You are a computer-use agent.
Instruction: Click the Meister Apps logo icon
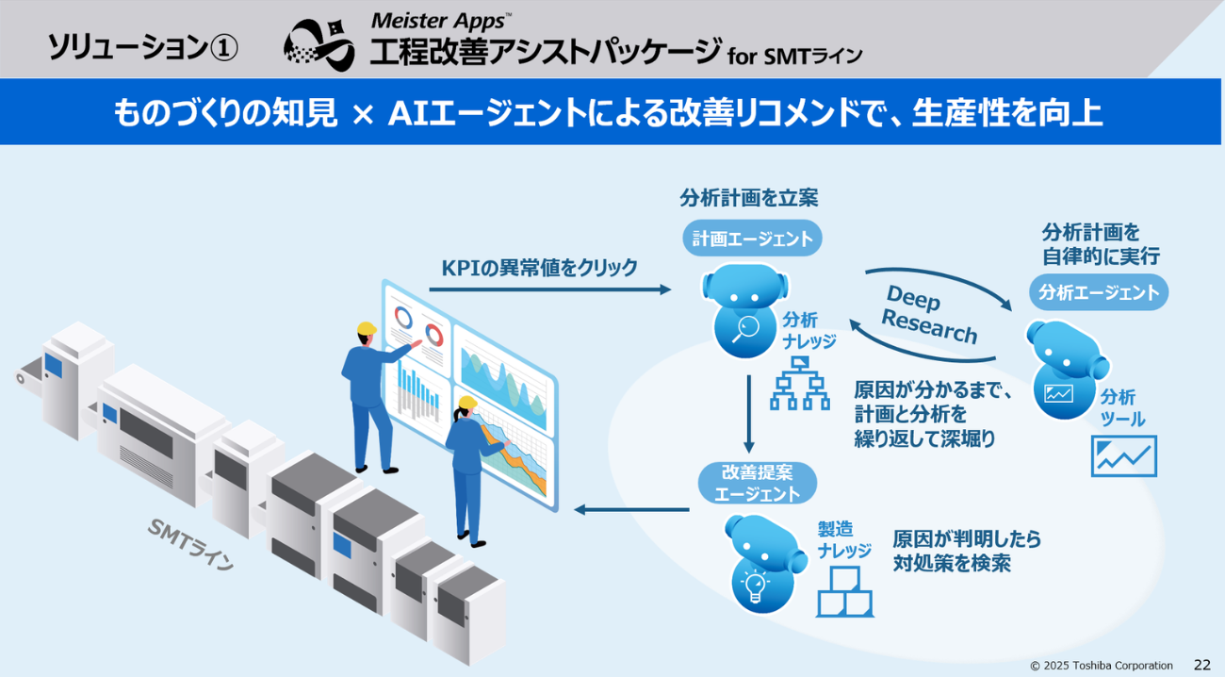pyautogui.click(x=320, y=43)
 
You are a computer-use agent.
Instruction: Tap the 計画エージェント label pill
pyautogui.click(x=752, y=239)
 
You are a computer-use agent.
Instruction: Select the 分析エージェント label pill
pyautogui.click(x=1099, y=292)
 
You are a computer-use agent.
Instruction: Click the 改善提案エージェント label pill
pyautogui.click(x=757, y=482)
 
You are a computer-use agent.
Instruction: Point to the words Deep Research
pyautogui.click(x=928, y=315)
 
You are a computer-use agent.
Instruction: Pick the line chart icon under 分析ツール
pyautogui.click(x=1123, y=456)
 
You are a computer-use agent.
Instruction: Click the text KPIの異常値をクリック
pyautogui.click(x=539, y=268)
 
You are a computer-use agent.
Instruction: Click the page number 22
pyautogui.click(x=1202, y=665)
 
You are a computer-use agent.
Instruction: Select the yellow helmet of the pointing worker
pyautogui.click(x=367, y=328)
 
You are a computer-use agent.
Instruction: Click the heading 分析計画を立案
pyautogui.click(x=749, y=198)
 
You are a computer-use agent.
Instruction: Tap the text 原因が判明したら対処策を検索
pyautogui.click(x=967, y=551)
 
